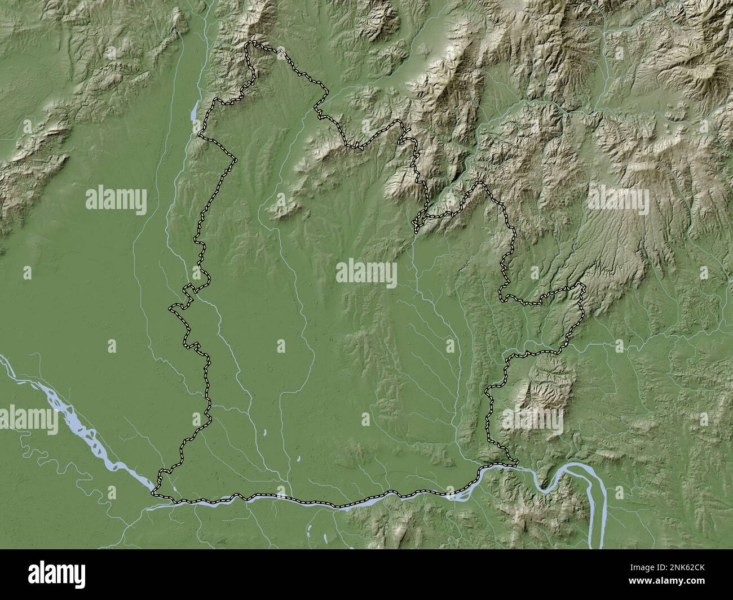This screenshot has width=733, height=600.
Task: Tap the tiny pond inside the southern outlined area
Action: tap(264, 434)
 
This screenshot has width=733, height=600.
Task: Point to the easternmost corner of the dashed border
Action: tap(584, 287)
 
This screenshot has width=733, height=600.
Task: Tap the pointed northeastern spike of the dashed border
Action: tap(481, 184)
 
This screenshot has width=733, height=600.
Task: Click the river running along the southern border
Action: tap(338, 501)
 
